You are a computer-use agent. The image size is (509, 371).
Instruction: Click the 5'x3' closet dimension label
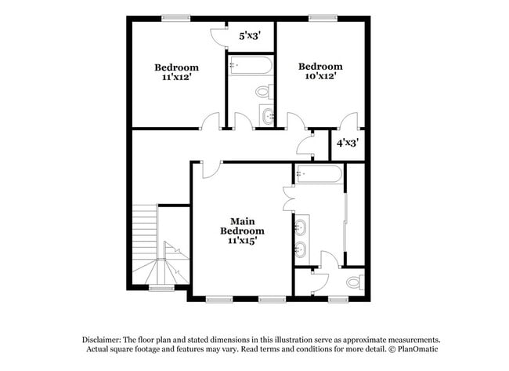pyautogui.click(x=250, y=35)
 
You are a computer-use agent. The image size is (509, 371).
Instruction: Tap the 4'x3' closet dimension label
pyautogui.click(x=347, y=143)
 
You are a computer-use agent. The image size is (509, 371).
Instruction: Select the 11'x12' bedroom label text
pyautogui.click(x=176, y=73)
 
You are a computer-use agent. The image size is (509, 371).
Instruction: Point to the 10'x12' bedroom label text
pyautogui.click(x=320, y=71)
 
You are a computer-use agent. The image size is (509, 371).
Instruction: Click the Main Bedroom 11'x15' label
pyautogui.click(x=242, y=231)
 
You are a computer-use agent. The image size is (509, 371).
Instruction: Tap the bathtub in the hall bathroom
pyautogui.click(x=250, y=65)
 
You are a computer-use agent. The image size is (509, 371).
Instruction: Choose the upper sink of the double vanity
pyautogui.click(x=301, y=228)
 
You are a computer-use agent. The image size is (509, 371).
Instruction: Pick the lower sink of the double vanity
pyautogui.click(x=301, y=251)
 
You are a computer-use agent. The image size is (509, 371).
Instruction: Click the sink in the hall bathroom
pyautogui.click(x=269, y=117)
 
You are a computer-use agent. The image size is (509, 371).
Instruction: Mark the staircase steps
pyautogui.click(x=145, y=228)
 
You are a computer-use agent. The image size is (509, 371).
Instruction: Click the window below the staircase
pyautogui.click(x=161, y=288)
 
